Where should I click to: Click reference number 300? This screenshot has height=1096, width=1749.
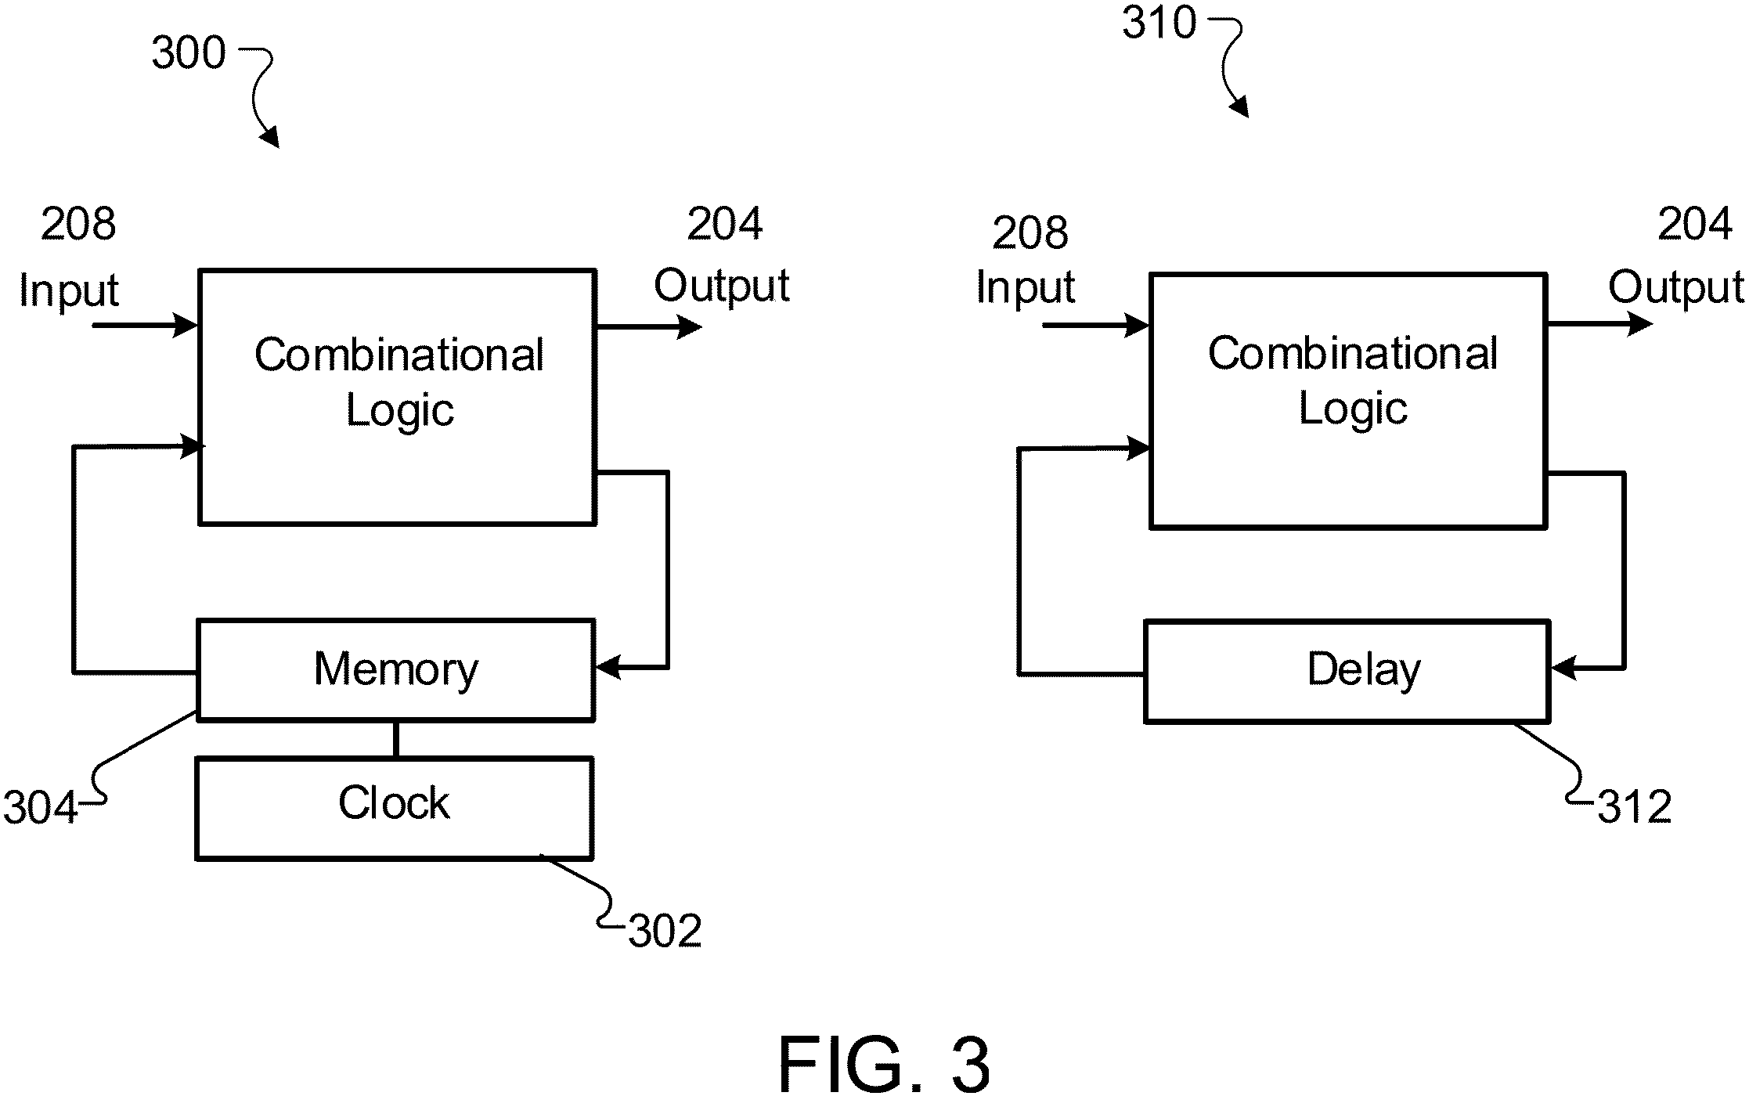tap(189, 53)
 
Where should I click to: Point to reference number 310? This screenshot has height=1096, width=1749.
tap(1159, 22)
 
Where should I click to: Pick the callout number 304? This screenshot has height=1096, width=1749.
tap(40, 807)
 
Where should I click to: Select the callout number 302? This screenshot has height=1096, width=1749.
tap(665, 932)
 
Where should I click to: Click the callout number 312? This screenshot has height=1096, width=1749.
tap(1635, 807)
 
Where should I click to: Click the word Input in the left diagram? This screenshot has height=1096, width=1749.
tap(68, 291)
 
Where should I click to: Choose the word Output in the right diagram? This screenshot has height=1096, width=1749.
tap(1676, 287)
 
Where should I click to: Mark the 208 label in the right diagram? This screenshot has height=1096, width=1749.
tap(1030, 233)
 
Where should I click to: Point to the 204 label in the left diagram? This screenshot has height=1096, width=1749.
tap(724, 224)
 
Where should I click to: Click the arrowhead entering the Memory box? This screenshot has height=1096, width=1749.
tap(608, 668)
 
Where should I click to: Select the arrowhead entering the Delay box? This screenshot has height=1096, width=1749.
tap(1563, 669)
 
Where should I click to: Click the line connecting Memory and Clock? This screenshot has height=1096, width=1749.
tap(395, 739)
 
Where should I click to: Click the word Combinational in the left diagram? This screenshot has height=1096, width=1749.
tap(398, 355)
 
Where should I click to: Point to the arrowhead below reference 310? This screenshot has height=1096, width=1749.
tap(1239, 108)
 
